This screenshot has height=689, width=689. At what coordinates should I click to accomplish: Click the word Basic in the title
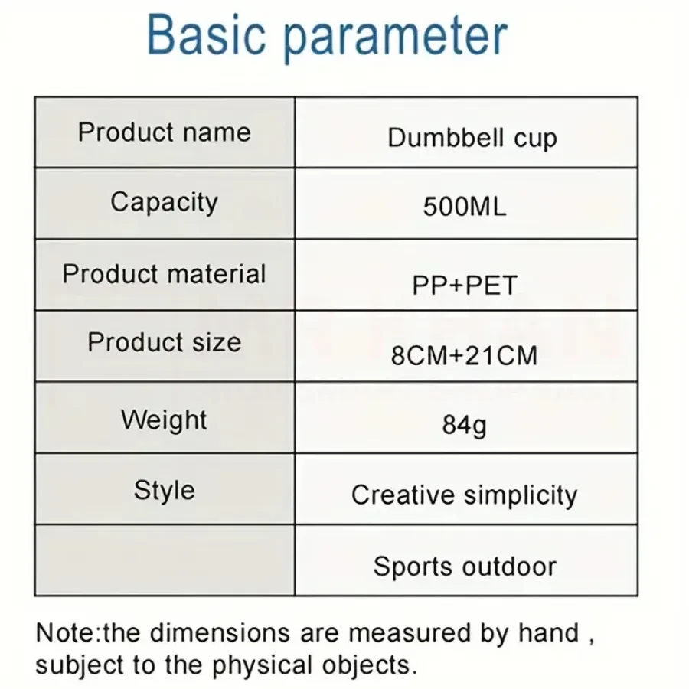pos(207,34)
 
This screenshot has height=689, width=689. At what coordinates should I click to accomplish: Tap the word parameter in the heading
pos(396,39)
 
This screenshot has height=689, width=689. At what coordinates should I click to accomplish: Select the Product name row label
pos(165,132)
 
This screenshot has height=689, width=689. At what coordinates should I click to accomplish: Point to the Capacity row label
pos(165,203)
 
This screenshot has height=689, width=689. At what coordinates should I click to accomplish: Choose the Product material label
pos(165,274)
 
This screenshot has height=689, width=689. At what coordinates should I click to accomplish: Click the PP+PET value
pos(465,286)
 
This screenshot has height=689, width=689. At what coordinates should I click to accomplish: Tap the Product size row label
pos(165,342)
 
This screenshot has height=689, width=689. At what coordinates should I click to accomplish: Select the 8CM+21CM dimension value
pos(464,355)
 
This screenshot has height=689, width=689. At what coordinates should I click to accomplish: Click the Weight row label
pos(165,420)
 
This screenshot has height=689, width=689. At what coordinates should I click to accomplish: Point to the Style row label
pos(165,491)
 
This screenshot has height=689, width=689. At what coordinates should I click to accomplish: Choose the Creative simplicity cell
pos(464,495)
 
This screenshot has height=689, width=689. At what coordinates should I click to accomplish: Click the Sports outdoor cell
pos(465,567)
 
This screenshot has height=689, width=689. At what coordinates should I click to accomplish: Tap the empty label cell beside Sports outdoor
pos(165,560)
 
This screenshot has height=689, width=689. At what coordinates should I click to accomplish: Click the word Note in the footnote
pos(67,633)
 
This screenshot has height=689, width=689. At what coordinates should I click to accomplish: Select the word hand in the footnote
pos(548,633)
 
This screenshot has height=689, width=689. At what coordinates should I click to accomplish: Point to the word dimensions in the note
pos(220,633)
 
